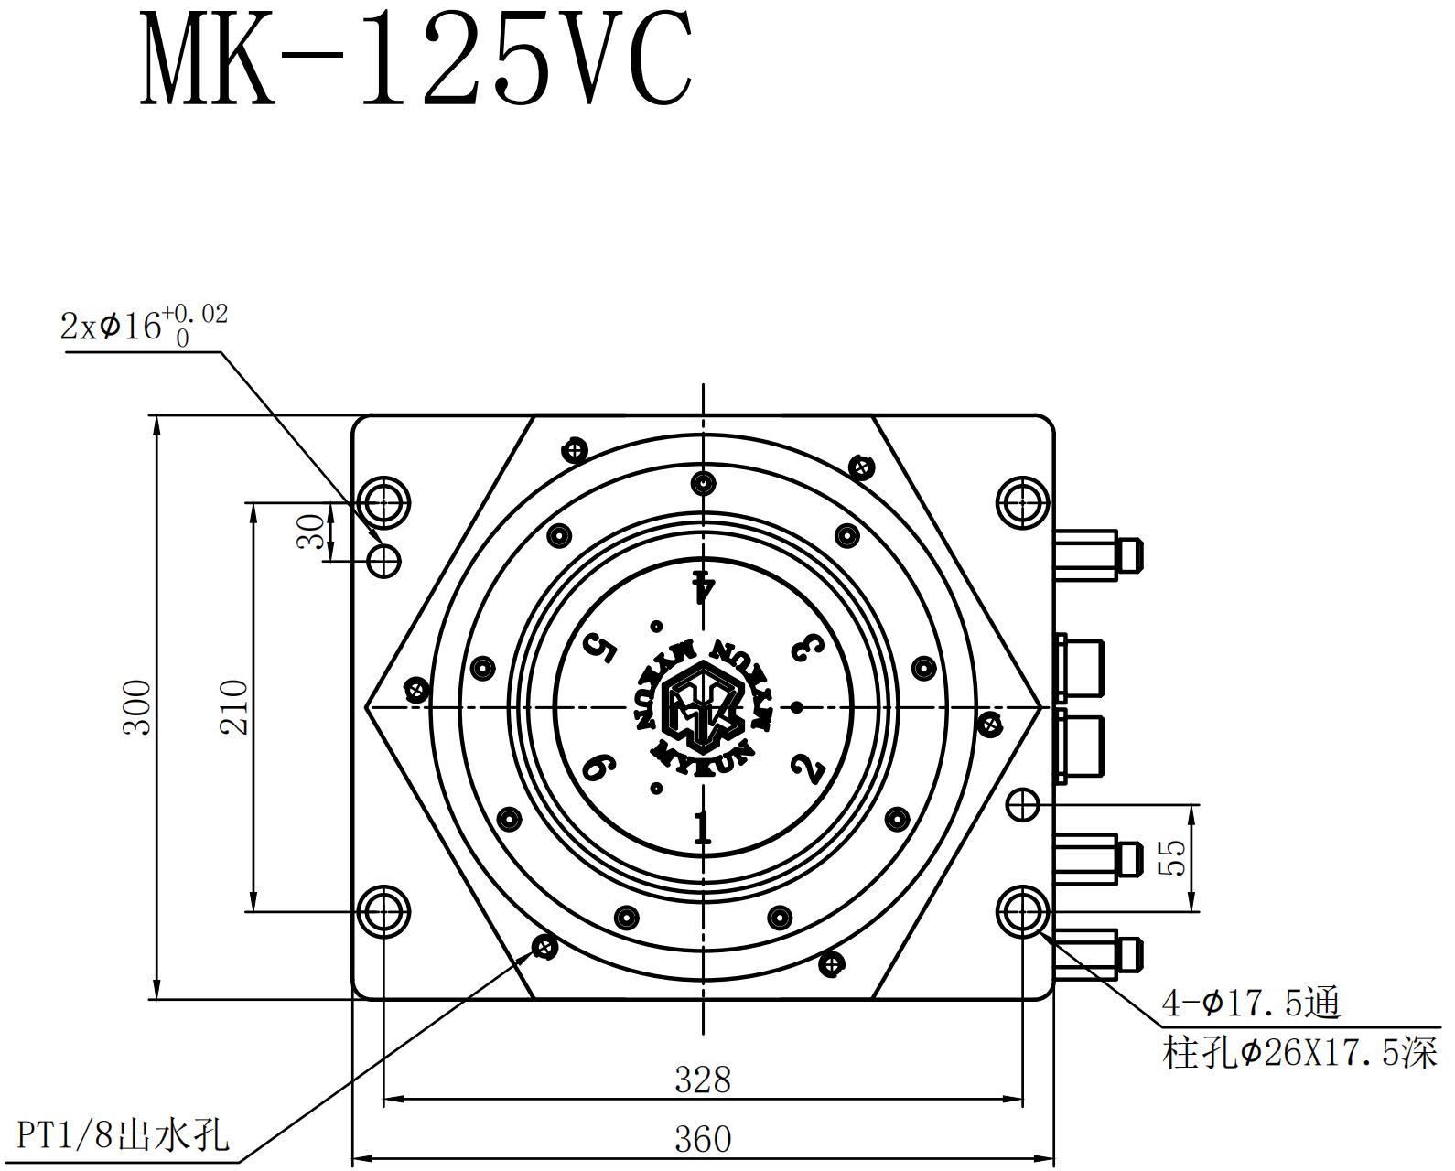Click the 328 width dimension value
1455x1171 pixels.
click(x=703, y=1080)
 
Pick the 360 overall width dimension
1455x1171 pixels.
click(x=703, y=1139)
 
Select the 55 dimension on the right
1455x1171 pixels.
click(x=1172, y=857)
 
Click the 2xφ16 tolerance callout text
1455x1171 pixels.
click(x=145, y=325)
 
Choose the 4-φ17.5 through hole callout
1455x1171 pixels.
click(x=1250, y=1004)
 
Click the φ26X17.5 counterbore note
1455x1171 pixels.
click(x=1299, y=1053)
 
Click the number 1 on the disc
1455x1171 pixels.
click(x=702, y=827)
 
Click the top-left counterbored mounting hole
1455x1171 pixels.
click(x=383, y=500)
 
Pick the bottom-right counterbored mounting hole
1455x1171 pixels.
click(x=1022, y=911)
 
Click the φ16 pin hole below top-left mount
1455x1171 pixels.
click(x=383, y=559)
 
